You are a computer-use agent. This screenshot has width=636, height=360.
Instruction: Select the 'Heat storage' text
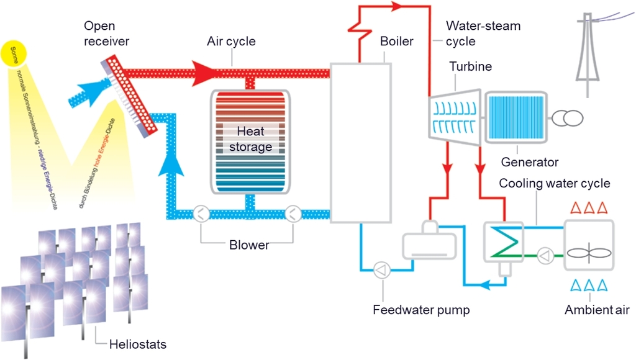(250, 139)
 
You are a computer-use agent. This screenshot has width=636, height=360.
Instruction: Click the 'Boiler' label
(396, 42)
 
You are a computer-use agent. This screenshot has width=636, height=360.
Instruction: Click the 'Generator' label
(530, 163)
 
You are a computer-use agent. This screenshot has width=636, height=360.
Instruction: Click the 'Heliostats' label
(138, 343)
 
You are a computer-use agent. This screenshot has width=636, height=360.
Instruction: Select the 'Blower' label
(248, 245)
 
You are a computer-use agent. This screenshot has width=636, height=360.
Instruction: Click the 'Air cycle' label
(231, 42)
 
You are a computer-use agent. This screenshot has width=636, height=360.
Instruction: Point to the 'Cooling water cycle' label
(555, 184)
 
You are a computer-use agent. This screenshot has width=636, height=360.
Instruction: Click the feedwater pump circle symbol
(380, 269)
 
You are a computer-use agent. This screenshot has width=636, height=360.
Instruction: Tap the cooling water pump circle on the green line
(545, 254)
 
